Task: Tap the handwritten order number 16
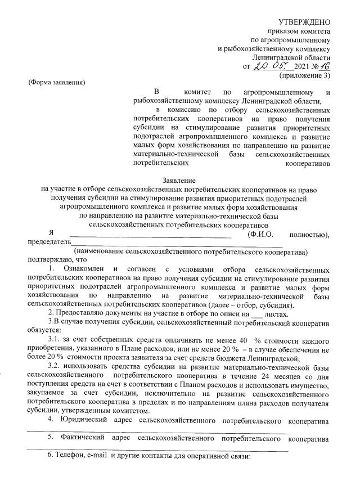click(323, 66)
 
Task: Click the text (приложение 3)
click(305, 75)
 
